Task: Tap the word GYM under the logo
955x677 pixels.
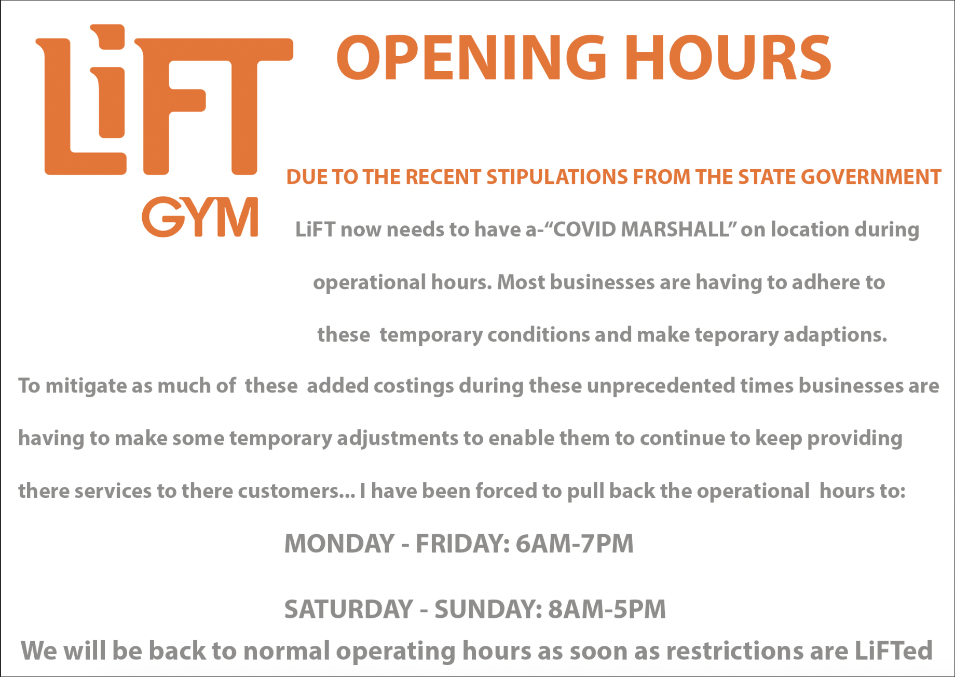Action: pyautogui.click(x=200, y=217)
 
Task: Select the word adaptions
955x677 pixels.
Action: pyautogui.click(x=835, y=335)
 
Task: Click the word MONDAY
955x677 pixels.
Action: pyautogui.click(x=339, y=544)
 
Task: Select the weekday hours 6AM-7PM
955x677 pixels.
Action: pyautogui.click(x=575, y=544)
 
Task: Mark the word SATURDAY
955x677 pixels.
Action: pyautogui.click(x=348, y=609)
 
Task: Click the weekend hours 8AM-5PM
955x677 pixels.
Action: pyautogui.click(x=607, y=609)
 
